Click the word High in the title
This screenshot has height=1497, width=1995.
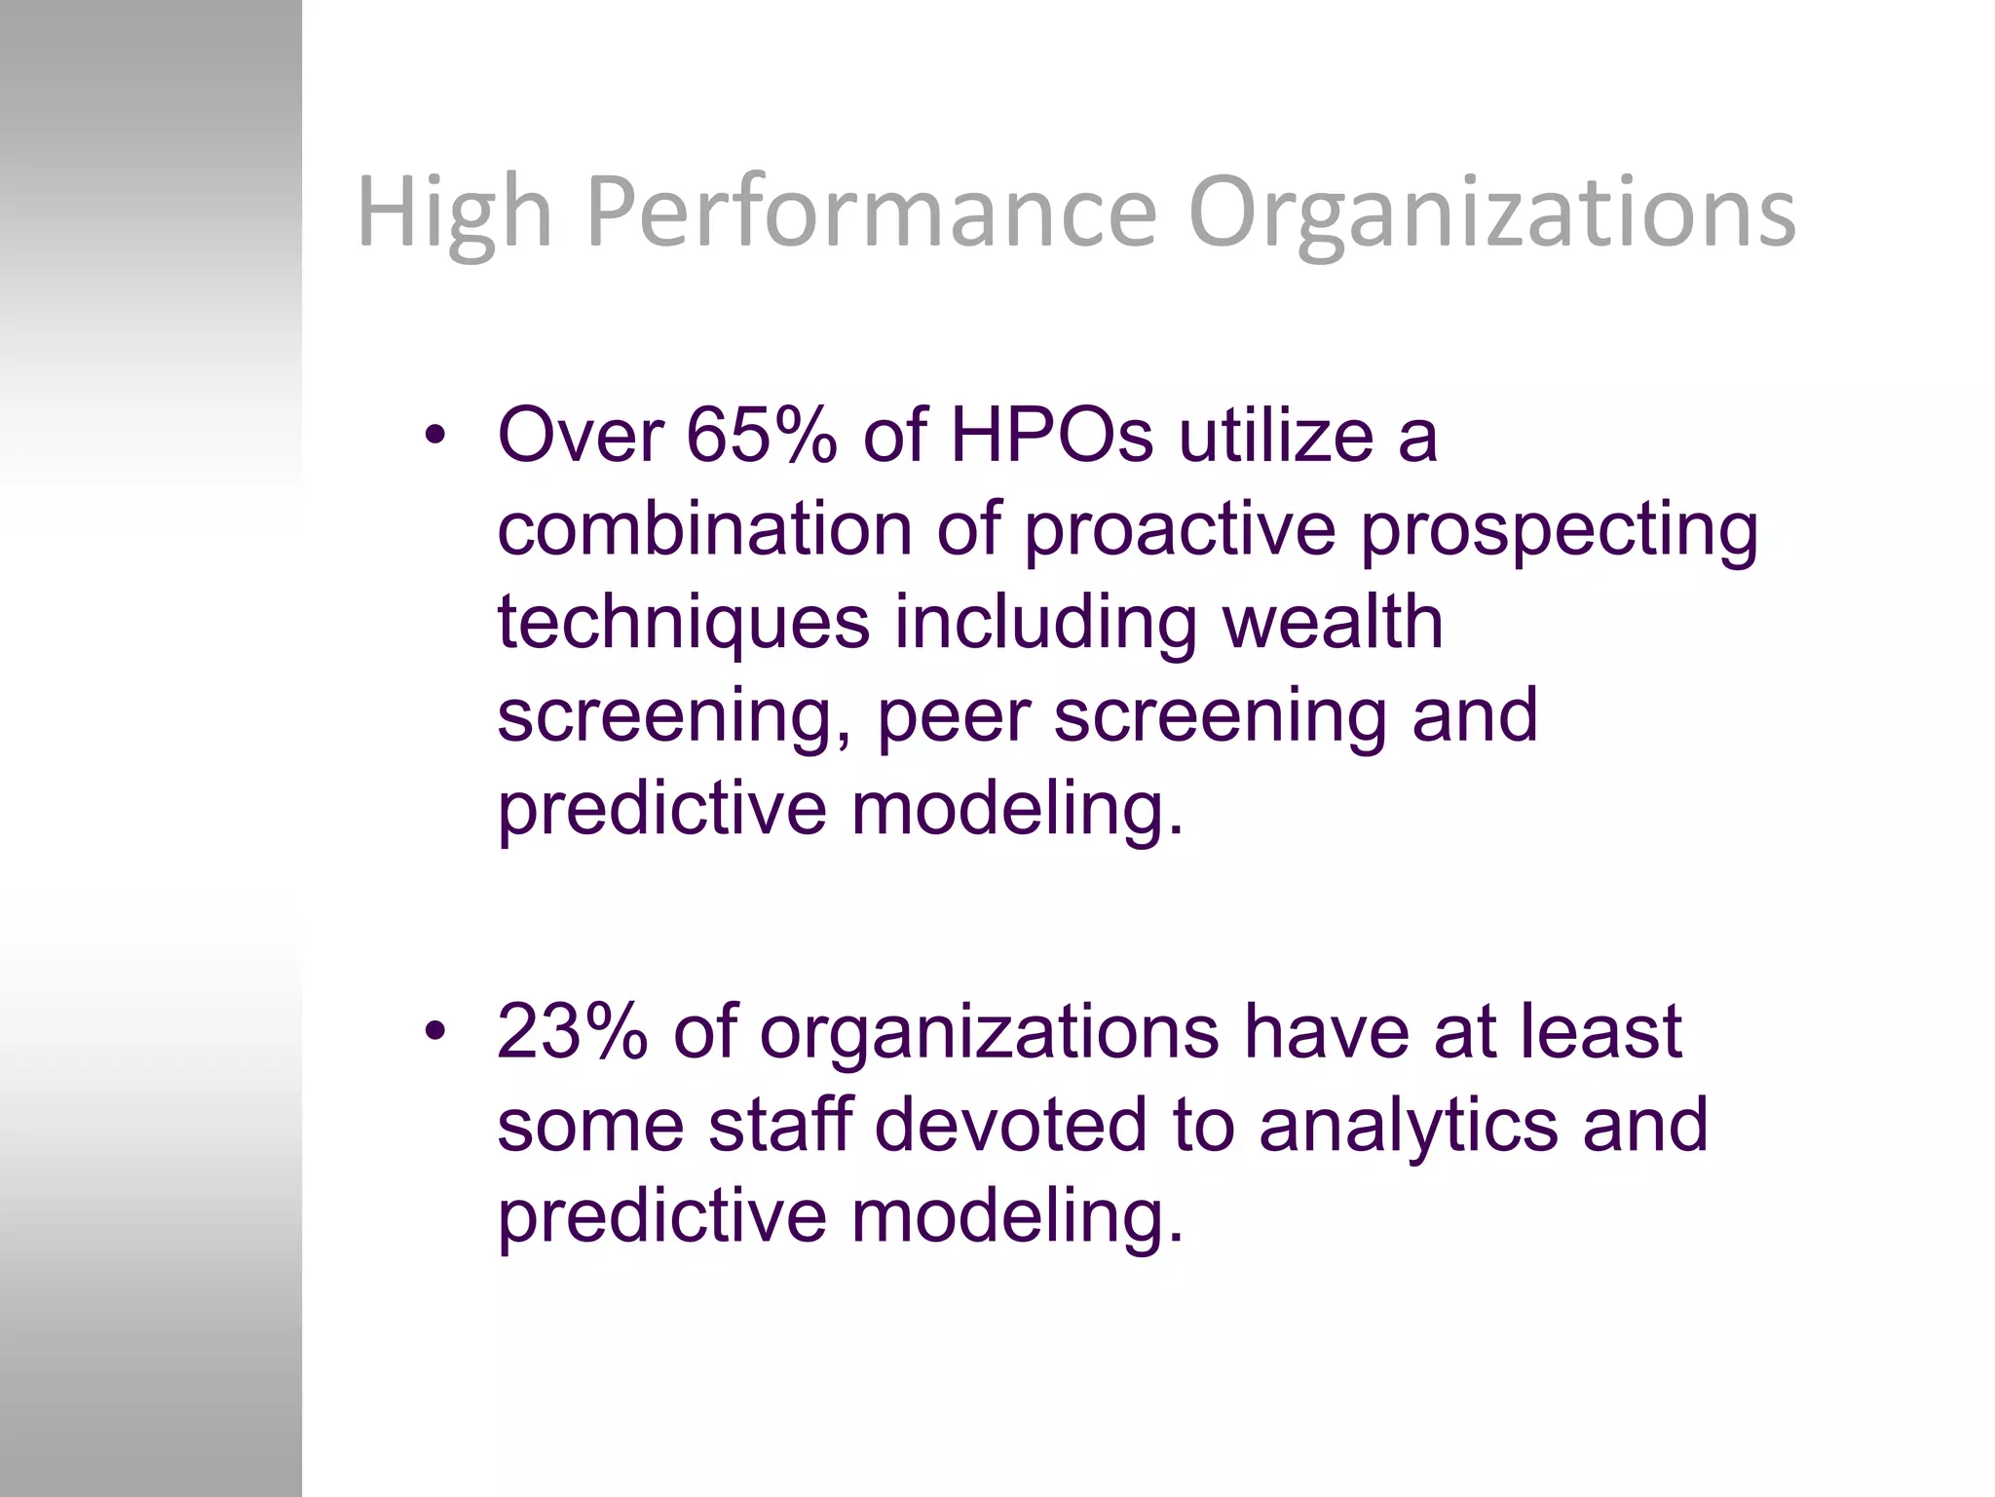pos(454,212)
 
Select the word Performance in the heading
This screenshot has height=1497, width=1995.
pos(871,212)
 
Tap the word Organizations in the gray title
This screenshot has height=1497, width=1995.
pos(1491,212)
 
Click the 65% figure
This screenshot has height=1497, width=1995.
pos(761,435)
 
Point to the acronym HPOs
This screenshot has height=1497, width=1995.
pos(1051,435)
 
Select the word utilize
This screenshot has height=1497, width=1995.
pos(1276,435)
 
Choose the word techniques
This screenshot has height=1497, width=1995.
pos(683,624)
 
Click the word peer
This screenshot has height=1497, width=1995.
pos(953,717)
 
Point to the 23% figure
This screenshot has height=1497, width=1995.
pos(572,1031)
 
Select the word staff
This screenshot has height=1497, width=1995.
pos(780,1124)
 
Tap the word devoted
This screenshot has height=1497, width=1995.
pos(1010,1124)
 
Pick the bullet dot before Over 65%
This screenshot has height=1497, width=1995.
pos(434,435)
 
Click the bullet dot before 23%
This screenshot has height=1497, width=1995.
pos(434,1030)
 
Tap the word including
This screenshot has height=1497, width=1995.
pos(1045,624)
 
